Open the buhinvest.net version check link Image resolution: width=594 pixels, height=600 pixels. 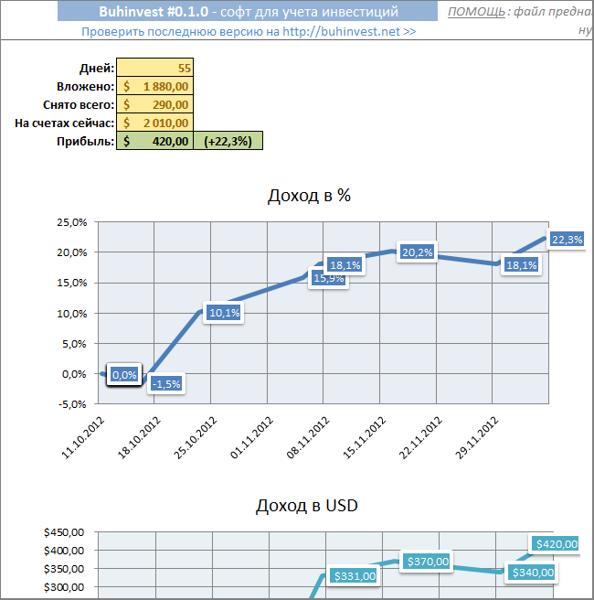pos(249,30)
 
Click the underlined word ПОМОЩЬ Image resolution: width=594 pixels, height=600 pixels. pos(475,12)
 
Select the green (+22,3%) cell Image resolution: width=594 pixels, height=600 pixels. pos(228,141)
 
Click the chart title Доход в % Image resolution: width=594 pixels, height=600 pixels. pos(309,195)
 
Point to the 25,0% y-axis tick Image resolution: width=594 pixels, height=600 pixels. pos(71,221)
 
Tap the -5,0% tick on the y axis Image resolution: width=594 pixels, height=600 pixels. pos(71,403)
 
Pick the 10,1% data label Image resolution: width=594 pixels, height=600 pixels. pos(225,313)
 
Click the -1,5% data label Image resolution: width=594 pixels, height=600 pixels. pos(166,383)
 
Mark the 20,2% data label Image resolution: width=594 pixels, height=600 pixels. pos(416,252)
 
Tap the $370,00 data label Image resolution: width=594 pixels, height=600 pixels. pos(428,562)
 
